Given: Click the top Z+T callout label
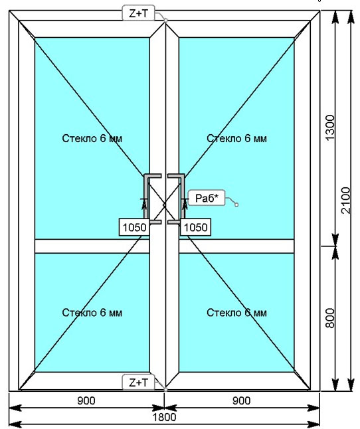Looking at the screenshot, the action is coord(138,13).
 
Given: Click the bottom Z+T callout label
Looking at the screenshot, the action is coord(138,383).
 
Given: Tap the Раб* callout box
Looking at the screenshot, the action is coord(207,198).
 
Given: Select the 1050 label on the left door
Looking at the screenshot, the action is coord(134,227).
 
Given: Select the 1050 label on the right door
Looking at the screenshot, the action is coord(195,227).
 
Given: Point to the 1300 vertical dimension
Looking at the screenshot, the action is coord(330,128).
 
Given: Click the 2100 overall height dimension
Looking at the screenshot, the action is coord(346,201).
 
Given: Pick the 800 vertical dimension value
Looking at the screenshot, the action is coord(330,318).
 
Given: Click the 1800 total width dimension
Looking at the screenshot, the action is coord(164,417).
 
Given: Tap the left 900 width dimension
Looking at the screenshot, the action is coord(86,401).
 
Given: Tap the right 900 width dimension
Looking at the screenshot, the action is coord(242,401).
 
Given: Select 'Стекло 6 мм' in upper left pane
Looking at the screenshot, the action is coord(92,138).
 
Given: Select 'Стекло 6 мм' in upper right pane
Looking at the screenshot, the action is coord(236,138).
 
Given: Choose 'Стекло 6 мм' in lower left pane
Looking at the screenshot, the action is coord(92,312).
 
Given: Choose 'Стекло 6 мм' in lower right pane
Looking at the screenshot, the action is coord(236,312).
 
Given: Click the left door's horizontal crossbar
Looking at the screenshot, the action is coord(92,246).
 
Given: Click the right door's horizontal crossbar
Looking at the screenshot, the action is coord(236,246).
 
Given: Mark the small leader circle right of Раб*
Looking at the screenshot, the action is coord(236,205).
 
